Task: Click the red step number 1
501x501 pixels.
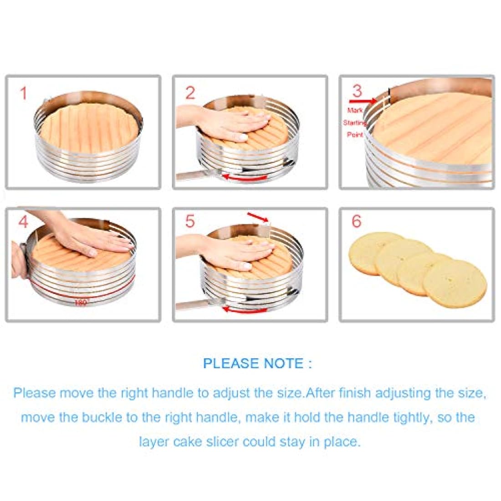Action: point(23,93)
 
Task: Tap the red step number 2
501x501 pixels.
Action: point(190,92)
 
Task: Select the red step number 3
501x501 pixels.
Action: point(357,91)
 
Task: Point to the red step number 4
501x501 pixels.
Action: point(23,222)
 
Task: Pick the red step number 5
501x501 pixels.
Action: point(190,221)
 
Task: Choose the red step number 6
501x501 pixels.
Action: point(357,221)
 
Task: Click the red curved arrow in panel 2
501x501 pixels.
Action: point(245,178)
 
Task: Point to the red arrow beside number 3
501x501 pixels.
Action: point(363,101)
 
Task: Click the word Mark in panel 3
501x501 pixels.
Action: point(355,110)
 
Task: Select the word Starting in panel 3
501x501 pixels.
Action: point(355,123)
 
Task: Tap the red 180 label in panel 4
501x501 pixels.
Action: point(81,302)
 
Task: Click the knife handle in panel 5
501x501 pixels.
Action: point(193,305)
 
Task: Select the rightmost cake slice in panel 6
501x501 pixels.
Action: point(455,283)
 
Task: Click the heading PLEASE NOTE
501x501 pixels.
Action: point(257,363)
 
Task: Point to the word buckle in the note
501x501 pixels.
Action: point(102,417)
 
